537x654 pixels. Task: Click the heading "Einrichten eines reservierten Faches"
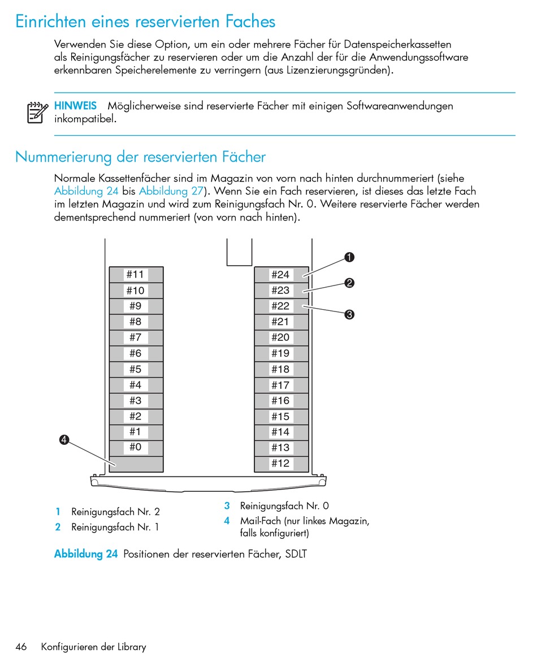(145, 21)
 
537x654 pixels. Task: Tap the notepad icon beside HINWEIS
(37, 112)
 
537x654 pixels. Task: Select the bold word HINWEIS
(75, 106)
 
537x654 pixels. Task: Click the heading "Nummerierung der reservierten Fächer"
(140, 156)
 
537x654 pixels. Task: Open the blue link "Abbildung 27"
(171, 190)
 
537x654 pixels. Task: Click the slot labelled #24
(280, 275)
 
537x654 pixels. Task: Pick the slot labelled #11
(136, 275)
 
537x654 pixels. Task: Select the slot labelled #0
(136, 448)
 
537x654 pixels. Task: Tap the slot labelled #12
(280, 464)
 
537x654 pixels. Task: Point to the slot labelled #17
(280, 385)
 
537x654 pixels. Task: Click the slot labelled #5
(136, 369)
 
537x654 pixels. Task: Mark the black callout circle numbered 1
(349, 258)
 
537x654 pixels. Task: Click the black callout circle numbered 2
(349, 283)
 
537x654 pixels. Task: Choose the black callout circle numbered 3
(349, 315)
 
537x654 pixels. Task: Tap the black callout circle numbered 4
(64, 440)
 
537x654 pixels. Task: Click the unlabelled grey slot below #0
(136, 464)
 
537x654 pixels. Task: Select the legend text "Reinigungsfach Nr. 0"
(284, 506)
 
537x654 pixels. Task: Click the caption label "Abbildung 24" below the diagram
(86, 554)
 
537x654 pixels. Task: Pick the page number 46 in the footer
(21, 647)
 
